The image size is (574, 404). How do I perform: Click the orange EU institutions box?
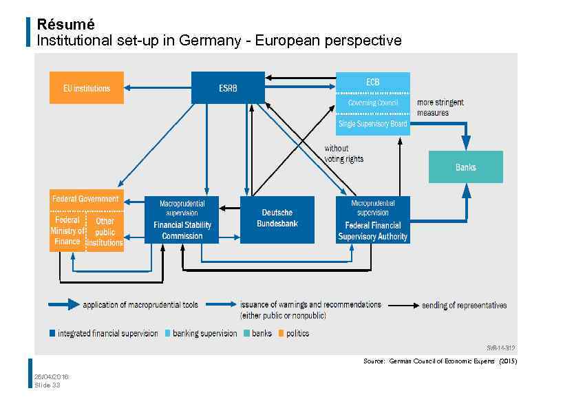(87, 88)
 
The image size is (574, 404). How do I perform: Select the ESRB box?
(228, 88)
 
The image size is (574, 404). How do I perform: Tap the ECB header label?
(372, 82)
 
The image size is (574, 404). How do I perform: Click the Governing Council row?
(372, 103)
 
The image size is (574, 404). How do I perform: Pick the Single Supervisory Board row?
(372, 124)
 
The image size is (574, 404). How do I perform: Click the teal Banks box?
(465, 167)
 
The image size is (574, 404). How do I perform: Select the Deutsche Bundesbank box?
(277, 219)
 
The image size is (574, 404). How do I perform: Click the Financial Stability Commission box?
(182, 220)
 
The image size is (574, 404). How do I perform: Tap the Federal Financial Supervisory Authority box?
(372, 220)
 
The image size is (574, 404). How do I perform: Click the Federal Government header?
(86, 199)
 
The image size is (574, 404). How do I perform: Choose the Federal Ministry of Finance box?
(67, 231)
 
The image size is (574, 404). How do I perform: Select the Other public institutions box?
(105, 231)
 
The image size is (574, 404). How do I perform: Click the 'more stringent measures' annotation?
(440, 107)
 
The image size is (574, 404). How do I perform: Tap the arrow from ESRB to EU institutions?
(158, 88)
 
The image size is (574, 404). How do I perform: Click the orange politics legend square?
(280, 334)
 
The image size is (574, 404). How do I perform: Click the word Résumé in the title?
(65, 24)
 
